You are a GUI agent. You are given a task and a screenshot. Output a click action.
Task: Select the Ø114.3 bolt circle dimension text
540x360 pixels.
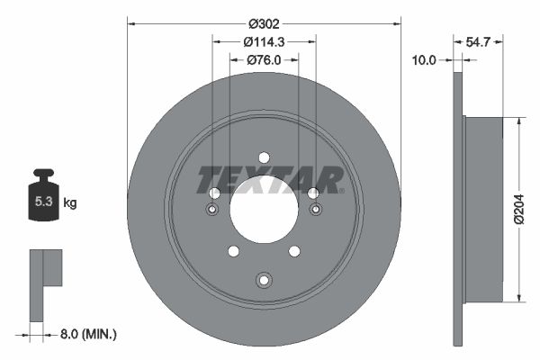265,41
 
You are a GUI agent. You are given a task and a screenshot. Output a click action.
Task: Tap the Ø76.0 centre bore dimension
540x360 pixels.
265,60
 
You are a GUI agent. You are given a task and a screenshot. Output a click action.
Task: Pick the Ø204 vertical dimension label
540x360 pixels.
520,208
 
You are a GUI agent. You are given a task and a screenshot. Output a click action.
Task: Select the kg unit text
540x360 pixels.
70,203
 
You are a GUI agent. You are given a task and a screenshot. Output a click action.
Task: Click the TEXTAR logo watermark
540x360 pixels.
270,179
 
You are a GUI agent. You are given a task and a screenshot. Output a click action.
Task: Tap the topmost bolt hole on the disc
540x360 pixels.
264,157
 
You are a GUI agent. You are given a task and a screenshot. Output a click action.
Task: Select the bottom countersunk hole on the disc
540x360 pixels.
264,280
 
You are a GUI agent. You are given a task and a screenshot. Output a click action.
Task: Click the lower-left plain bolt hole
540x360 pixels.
233,251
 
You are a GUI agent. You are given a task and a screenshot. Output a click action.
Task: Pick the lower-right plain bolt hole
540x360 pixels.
294,251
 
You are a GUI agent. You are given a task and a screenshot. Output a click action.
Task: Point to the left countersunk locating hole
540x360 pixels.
213,210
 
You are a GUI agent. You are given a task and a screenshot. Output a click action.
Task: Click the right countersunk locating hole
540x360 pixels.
315,210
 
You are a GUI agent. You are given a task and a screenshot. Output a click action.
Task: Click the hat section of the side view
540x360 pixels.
483,209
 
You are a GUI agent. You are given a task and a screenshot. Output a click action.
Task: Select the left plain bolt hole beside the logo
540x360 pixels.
214,193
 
